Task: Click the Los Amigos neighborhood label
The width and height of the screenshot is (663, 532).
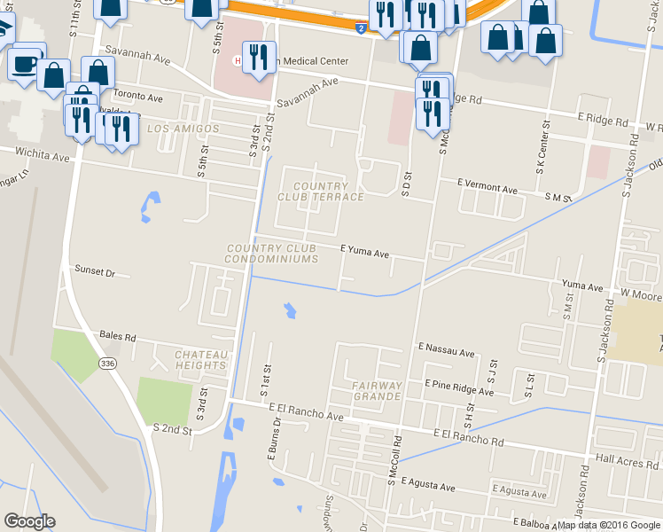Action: [x=183, y=129]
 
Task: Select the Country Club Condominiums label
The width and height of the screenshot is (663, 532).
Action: [x=272, y=254]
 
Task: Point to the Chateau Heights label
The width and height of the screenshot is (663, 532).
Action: [x=201, y=359]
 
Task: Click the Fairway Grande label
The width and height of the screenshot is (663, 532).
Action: [x=377, y=392]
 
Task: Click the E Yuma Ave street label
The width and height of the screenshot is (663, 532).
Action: [x=365, y=253]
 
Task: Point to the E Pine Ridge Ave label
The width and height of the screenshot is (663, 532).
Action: [x=459, y=387]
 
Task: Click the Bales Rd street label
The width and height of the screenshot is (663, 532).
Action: [x=117, y=337]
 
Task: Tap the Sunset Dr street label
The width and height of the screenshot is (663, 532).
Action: [x=95, y=271]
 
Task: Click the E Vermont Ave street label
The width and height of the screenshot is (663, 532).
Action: [x=487, y=189]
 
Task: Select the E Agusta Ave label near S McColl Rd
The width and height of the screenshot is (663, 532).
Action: [x=427, y=486]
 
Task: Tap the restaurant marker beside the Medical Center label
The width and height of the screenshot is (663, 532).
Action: [x=259, y=56]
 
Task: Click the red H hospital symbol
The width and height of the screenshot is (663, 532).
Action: [x=237, y=60]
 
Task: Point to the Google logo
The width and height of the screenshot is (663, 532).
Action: [x=29, y=521]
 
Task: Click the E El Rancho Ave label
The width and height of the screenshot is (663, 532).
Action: [x=305, y=415]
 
